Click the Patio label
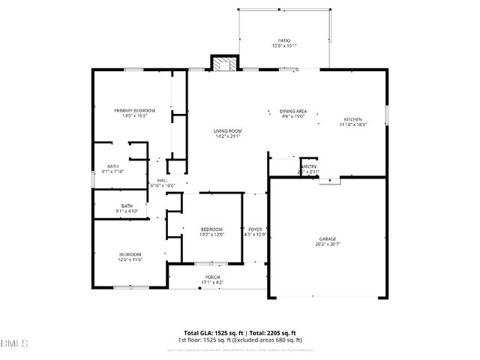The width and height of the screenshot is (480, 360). click(x=284, y=40)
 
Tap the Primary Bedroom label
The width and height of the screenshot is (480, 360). click(x=129, y=110)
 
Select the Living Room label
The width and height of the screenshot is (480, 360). click(x=228, y=131)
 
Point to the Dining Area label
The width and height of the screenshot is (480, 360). click(x=293, y=110)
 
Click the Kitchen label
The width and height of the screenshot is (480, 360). click(x=353, y=119)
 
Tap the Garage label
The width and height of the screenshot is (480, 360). click(x=327, y=238)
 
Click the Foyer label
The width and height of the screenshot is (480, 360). click(x=254, y=229)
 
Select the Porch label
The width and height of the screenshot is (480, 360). click(x=213, y=277)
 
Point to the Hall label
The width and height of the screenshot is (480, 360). click(x=162, y=180)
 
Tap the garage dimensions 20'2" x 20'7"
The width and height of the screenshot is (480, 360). click(x=327, y=244)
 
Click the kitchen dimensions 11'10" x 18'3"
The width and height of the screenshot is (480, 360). click(x=353, y=124)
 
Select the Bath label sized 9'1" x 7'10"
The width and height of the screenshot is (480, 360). click(x=113, y=166)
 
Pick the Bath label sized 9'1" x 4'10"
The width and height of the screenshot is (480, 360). click(x=127, y=205)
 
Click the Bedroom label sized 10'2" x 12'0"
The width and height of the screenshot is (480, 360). click(x=211, y=229)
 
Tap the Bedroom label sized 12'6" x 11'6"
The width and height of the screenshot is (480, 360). click(x=129, y=254)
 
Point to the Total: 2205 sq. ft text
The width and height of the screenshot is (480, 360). click(x=271, y=332)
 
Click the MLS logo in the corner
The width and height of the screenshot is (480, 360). click(x=13, y=343)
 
